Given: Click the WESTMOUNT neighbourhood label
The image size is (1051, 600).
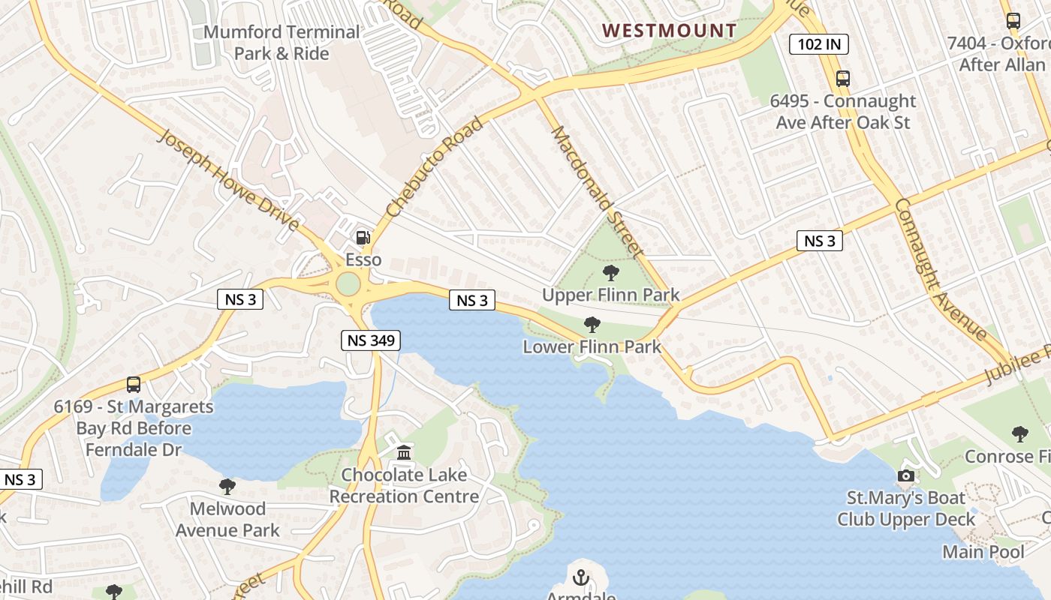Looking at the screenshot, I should point(670,31).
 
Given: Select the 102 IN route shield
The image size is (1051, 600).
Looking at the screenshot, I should point(819,44).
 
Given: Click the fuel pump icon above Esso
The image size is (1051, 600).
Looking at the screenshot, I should point(363,238).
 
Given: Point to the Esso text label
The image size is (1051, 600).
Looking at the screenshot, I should point(363,260).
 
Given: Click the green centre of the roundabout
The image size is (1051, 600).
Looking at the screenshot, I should point(348,284).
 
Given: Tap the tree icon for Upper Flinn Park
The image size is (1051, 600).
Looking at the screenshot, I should point(611,273).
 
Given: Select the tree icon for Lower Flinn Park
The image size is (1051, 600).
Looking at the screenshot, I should point(592,325).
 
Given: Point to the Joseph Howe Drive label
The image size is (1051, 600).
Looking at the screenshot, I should point(229,180).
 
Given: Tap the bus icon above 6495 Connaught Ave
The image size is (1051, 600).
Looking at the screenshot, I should point(843,79).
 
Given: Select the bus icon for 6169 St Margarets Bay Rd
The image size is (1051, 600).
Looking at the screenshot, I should point(134,385).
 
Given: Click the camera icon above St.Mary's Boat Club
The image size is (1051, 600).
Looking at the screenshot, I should point(906,475).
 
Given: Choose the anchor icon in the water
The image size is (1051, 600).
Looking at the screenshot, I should point(580,577).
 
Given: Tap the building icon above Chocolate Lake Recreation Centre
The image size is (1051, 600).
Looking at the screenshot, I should point(404,452).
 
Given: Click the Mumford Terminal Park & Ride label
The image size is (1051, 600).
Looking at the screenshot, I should point(282,43).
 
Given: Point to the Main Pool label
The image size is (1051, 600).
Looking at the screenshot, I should point(983,553).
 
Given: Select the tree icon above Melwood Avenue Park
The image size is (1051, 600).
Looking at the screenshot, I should point(227,487).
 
